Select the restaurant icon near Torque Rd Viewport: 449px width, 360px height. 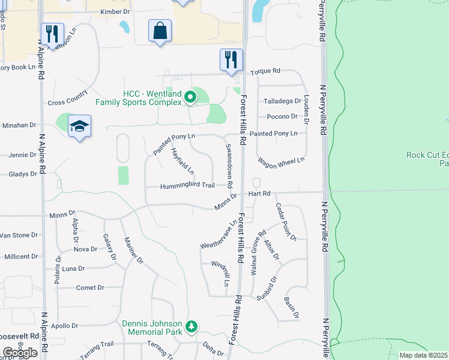point(231,60)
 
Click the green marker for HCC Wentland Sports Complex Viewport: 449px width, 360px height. point(190,97)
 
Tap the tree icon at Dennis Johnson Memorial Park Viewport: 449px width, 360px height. point(191,326)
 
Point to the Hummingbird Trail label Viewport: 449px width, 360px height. point(187,186)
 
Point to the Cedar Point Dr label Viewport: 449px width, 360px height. point(286,221)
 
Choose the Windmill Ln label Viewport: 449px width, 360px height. point(219,273)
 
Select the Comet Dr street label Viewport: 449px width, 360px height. point(90,288)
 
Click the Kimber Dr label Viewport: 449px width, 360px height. point(115,11)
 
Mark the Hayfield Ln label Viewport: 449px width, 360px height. point(182,161)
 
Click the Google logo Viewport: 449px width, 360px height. point(19,353)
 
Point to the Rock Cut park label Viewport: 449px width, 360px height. point(427,158)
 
